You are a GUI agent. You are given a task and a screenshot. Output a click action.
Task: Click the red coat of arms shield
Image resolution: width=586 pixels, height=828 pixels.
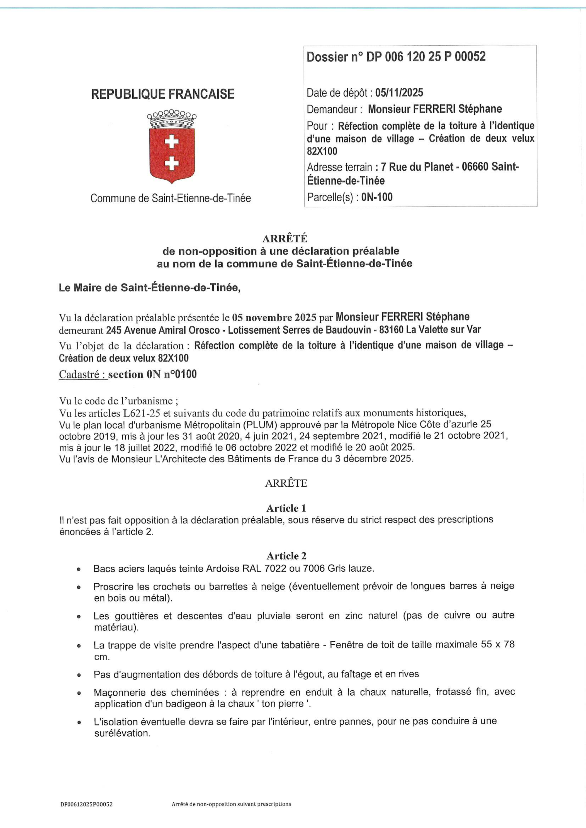pos(172,155)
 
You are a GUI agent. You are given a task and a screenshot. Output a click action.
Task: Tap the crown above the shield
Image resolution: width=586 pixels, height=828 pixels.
pos(172,119)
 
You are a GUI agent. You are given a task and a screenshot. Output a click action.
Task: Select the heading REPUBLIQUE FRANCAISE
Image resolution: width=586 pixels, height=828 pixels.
pos(163,94)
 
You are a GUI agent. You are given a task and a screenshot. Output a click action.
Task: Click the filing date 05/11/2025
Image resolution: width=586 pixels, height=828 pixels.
pos(399,93)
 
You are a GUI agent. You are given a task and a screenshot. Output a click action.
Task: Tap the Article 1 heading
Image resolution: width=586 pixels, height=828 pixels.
pos(286,508)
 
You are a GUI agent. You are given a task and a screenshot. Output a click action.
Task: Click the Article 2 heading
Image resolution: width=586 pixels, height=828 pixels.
pos(286,556)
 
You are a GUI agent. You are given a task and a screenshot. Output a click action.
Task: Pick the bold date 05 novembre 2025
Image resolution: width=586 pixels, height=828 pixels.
pos(274,317)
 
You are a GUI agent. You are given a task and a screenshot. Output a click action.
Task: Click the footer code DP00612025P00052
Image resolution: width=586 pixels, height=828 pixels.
pos(87,804)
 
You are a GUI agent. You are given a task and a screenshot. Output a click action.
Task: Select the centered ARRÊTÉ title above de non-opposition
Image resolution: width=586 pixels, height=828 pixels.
pos(285,239)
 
